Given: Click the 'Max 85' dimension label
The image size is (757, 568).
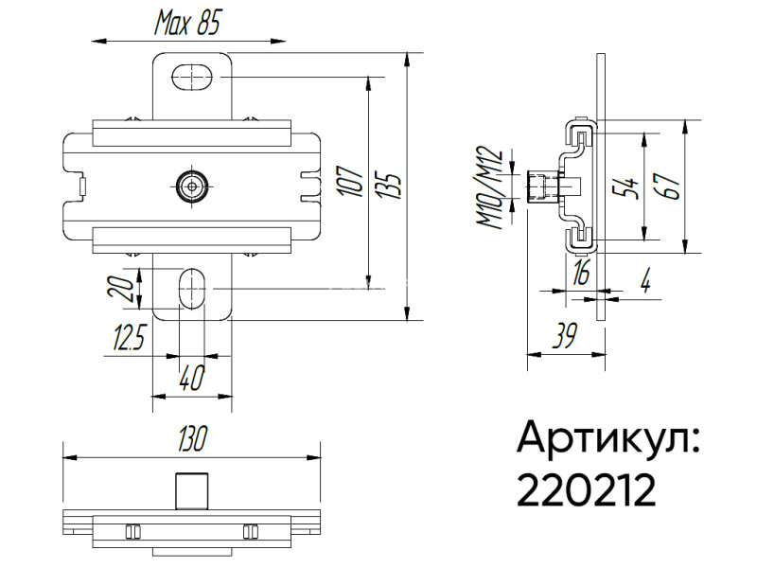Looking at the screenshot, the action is coord(187,23).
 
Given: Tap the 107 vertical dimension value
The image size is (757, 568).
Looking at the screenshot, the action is coord(352,181).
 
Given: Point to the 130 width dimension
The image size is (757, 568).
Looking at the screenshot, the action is coord(193,438).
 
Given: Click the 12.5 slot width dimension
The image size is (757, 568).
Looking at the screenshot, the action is coord(129,337).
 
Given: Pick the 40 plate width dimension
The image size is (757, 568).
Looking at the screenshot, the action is coord(192,377).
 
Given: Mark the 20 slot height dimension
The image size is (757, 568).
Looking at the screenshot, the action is coord(121,289).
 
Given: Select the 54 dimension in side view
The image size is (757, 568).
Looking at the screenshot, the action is coord(625,187).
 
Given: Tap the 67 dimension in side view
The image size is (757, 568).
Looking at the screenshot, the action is coord(669,186).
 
